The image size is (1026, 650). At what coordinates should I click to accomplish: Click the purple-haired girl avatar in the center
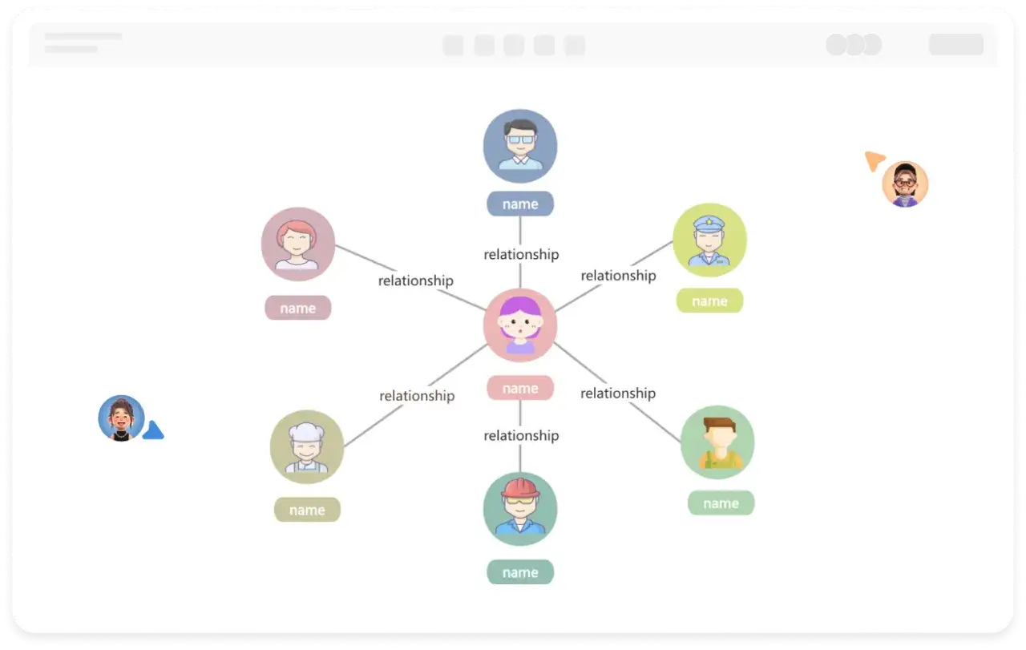tap(520, 325)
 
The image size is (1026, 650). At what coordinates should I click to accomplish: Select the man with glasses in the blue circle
tap(520, 146)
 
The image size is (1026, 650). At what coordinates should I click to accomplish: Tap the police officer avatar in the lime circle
tap(709, 240)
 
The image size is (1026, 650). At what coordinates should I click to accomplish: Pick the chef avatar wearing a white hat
tap(307, 446)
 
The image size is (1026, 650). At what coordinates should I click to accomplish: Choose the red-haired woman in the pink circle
tap(297, 244)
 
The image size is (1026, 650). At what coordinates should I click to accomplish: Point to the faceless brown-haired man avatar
tap(717, 442)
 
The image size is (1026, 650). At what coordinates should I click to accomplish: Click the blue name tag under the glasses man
tap(520, 204)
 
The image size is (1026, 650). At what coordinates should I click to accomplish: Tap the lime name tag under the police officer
tap(709, 301)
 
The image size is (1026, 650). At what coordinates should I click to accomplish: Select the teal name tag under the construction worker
tap(520, 571)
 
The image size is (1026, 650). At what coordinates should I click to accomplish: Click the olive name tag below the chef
tap(307, 510)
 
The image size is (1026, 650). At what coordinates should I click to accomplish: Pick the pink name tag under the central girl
tap(520, 388)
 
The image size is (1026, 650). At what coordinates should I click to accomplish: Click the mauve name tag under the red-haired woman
tap(297, 308)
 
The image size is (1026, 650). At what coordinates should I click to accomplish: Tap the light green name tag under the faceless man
tap(721, 503)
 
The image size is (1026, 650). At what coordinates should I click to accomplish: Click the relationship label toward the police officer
tap(618, 276)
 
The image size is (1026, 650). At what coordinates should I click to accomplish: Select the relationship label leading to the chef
tap(417, 396)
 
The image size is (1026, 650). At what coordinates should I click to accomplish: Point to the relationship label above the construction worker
tap(521, 436)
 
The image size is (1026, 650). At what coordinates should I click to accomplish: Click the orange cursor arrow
tap(874, 161)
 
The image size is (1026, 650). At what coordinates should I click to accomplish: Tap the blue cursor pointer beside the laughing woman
tap(153, 430)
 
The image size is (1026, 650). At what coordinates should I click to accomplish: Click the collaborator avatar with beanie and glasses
tap(905, 184)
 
